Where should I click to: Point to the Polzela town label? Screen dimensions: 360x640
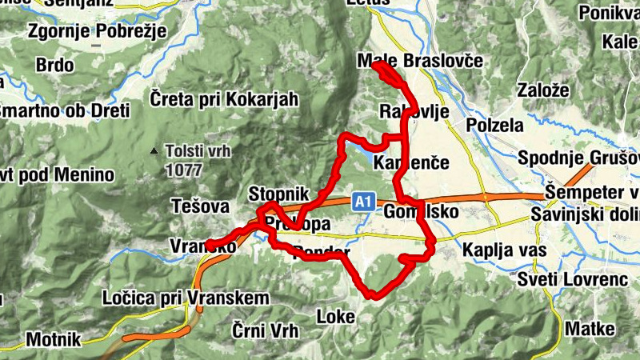[x=494, y=126]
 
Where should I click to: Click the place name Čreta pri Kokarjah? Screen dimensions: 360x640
[x=224, y=99]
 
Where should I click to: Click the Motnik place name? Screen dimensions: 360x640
[x=54, y=339]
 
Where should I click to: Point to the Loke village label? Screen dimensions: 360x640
[x=336, y=317]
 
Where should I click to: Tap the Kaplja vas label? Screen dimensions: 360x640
[x=503, y=250]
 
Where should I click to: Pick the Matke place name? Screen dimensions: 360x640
[x=590, y=329]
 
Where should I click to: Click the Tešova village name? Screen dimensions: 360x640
[x=200, y=206]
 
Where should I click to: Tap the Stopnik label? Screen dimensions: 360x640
[x=278, y=194]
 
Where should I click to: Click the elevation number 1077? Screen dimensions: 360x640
[x=184, y=170]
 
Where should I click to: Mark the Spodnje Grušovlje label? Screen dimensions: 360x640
[x=578, y=157]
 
